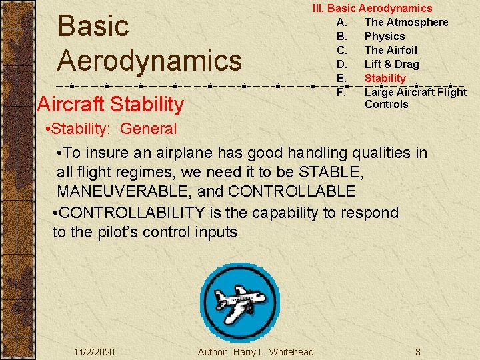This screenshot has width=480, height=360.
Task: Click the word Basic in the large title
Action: [93, 27]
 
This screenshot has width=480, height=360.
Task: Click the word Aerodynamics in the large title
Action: [149, 60]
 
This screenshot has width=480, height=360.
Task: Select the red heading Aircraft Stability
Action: [111, 104]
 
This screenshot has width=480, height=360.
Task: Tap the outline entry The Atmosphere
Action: [406, 22]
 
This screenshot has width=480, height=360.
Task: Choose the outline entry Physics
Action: [384, 36]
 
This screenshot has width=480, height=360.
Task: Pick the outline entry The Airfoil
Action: [390, 50]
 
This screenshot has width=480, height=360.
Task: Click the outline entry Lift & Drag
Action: [391, 64]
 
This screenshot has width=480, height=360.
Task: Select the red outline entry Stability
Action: [385, 78]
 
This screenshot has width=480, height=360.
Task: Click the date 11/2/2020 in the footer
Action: [94, 351]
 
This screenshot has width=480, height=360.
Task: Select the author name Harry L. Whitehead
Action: [273, 351]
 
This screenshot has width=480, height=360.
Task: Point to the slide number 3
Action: [417, 351]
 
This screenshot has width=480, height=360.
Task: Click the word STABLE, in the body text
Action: [331, 172]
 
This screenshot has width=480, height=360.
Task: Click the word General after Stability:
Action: [149, 129]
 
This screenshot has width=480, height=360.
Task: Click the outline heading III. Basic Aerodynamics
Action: [373, 8]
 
